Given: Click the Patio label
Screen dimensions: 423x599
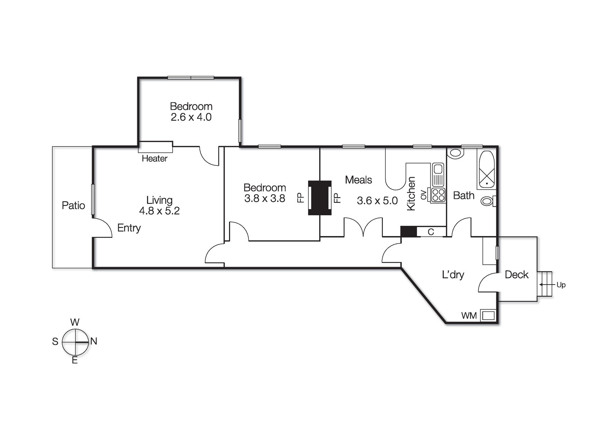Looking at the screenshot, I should (x=73, y=205).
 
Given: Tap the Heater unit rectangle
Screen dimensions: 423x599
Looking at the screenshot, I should (x=155, y=147).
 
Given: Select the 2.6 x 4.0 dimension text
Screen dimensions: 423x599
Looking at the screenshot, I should (x=191, y=117).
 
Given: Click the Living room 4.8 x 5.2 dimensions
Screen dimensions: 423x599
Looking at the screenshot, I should (x=159, y=211).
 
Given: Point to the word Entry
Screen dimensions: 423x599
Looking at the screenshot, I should (x=129, y=228).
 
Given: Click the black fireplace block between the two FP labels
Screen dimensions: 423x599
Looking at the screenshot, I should (x=320, y=198).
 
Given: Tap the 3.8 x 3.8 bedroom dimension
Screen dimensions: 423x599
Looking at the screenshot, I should (x=265, y=199).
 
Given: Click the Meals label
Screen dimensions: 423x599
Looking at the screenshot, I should (x=358, y=180).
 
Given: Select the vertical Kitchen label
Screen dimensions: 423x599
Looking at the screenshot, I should (x=411, y=193).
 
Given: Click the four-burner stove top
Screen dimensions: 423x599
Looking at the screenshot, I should (x=438, y=195).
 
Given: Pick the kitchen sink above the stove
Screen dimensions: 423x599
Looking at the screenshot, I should (x=438, y=174).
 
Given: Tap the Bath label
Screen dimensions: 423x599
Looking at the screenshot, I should (x=463, y=196).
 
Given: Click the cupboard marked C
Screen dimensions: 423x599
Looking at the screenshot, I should (x=431, y=232).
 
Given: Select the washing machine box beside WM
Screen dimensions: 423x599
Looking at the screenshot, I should (x=488, y=315).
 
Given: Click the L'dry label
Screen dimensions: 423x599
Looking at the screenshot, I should (x=453, y=275).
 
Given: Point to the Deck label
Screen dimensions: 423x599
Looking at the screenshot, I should (x=516, y=275).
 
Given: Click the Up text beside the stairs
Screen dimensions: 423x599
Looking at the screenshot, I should (x=561, y=285).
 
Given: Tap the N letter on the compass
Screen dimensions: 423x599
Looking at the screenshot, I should (x=94, y=341).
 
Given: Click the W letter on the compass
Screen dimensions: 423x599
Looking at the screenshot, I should (x=75, y=322).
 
